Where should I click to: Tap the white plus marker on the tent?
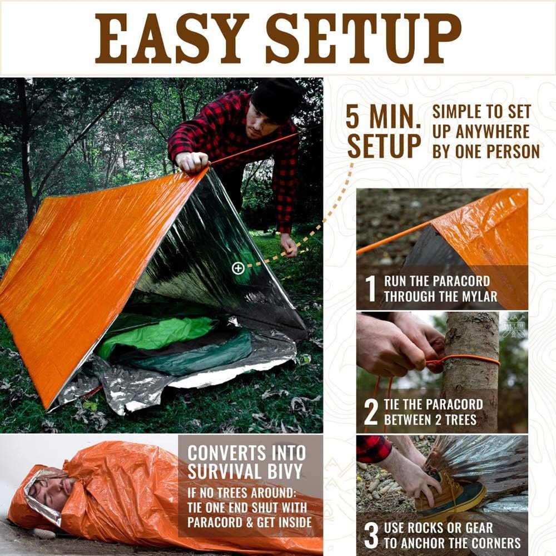238,269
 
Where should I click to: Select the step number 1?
371,289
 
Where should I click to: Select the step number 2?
371,411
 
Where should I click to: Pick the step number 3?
371,535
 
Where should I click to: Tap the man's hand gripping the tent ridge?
192,162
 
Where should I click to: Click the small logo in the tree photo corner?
513,326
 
